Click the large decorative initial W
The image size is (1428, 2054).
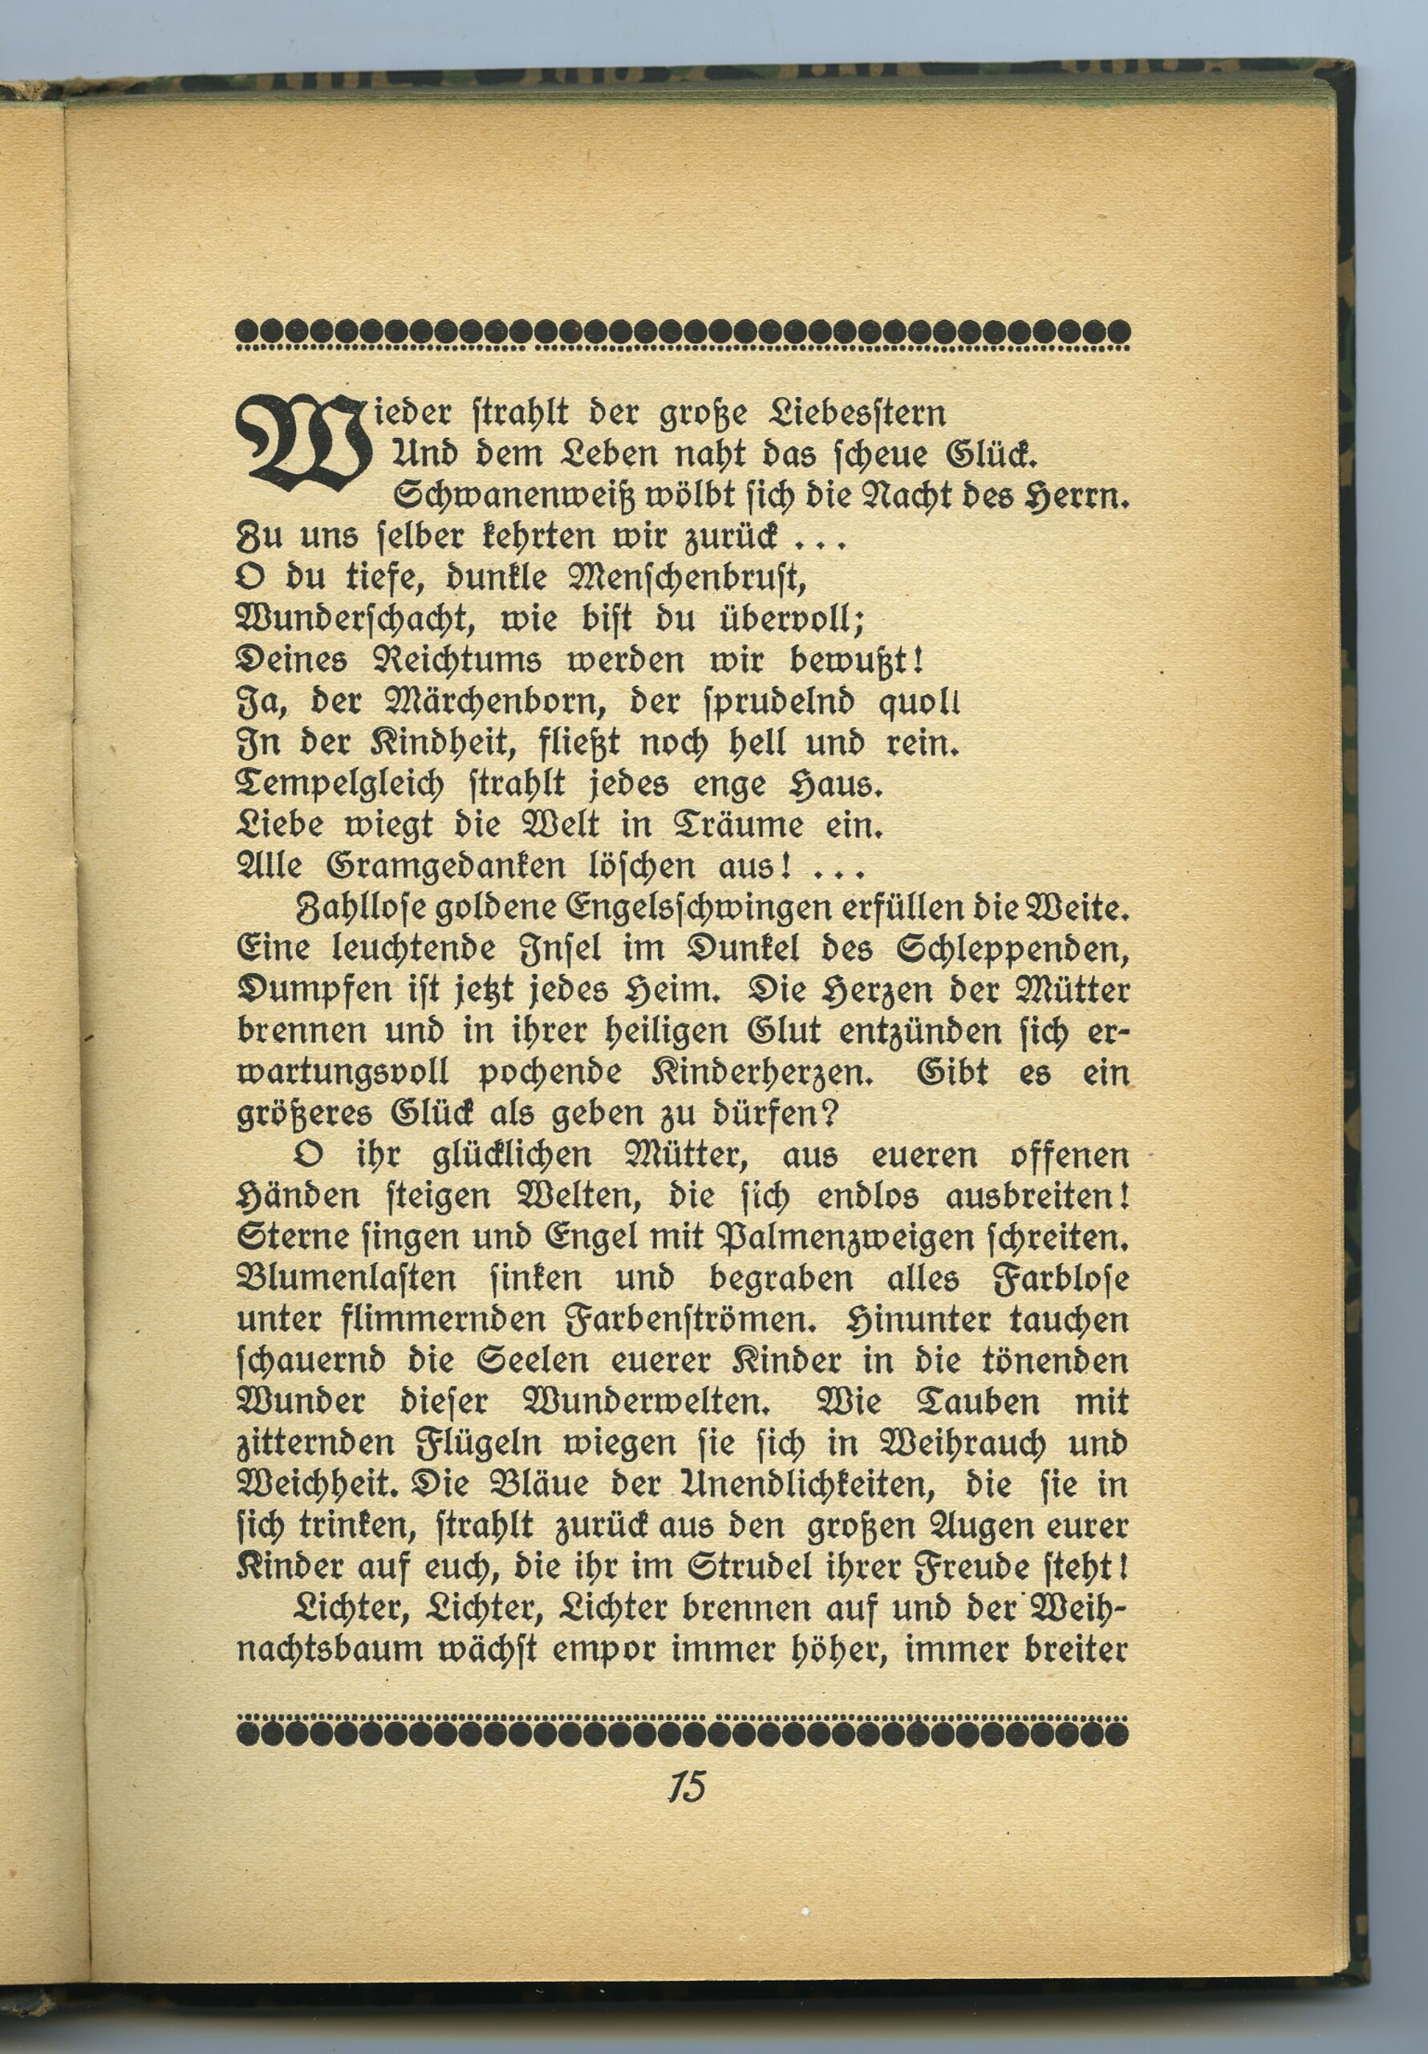pos(302,444)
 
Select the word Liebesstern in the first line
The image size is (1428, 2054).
pos(857,413)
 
